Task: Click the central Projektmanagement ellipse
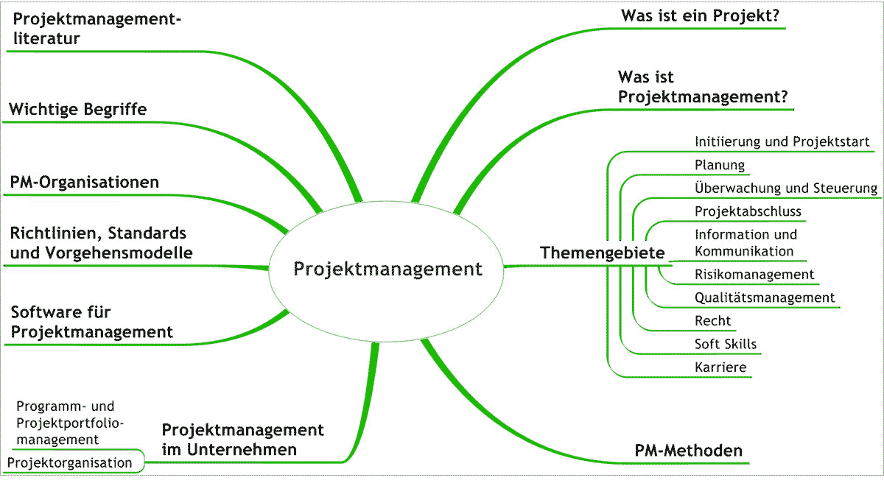tap(387, 269)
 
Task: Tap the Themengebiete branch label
tap(602, 253)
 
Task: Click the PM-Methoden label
tap(688, 451)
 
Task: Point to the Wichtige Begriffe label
tap(78, 110)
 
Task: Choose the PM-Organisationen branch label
tap(84, 182)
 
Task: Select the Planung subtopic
tap(720, 165)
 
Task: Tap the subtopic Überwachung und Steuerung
tap(785, 188)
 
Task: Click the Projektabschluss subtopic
tap(748, 211)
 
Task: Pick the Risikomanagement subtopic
tap(754, 275)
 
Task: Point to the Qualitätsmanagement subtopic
tap(765, 297)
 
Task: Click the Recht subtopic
tap(713, 320)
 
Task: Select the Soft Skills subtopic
tap(726, 344)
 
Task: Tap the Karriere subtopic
tap(720, 367)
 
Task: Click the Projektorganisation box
tap(70, 462)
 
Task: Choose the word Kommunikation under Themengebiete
tap(744, 251)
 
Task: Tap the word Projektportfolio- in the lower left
tap(70, 423)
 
